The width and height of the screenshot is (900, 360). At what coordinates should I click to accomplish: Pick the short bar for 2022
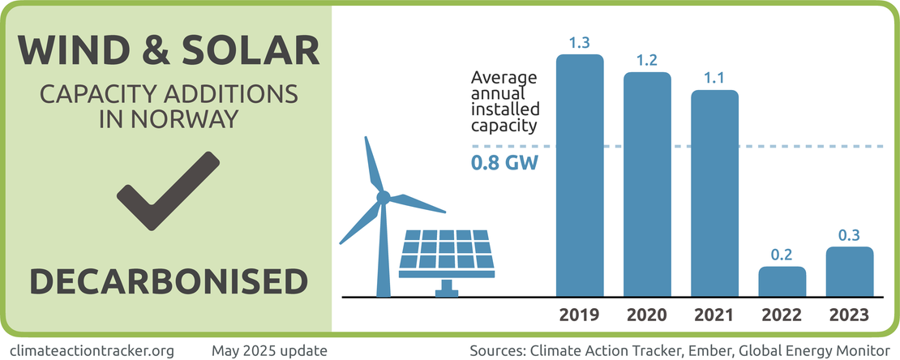(782, 281)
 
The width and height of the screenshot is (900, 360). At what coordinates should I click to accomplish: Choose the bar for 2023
(850, 272)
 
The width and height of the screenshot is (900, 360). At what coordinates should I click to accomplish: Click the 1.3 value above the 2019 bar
(579, 42)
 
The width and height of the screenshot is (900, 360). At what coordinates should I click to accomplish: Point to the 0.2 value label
(782, 255)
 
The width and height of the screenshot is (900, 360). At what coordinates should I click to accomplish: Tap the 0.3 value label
(850, 235)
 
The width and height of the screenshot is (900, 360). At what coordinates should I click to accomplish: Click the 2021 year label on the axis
(714, 315)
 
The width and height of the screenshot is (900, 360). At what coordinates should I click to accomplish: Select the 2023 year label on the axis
(850, 315)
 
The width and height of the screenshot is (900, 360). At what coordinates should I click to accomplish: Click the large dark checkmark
(169, 190)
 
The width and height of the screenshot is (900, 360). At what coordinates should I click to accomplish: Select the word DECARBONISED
(169, 281)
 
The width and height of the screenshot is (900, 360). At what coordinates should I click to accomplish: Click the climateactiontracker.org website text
(95, 351)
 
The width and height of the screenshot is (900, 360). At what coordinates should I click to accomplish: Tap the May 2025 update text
(269, 351)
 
